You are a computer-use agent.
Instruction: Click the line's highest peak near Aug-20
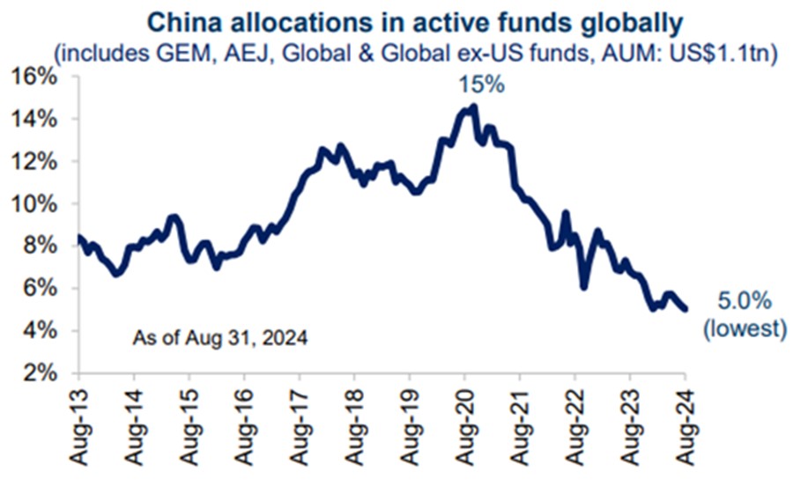click(473, 107)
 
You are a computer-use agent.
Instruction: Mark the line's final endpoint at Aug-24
click(686, 308)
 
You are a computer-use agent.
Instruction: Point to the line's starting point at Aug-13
click(79, 237)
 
